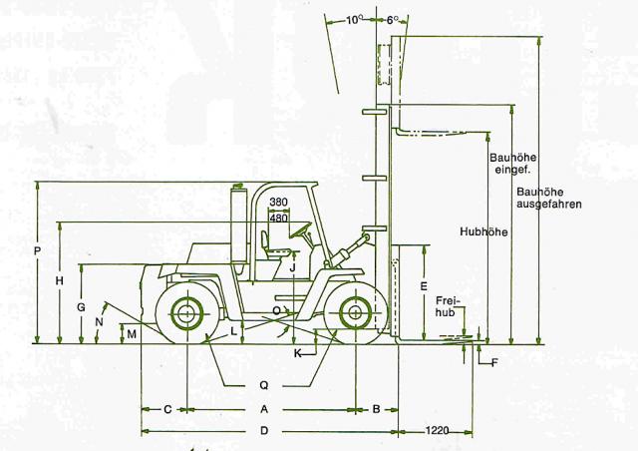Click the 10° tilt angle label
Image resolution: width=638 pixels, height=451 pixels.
coord(354,20)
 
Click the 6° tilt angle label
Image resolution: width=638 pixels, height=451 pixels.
coord(391,20)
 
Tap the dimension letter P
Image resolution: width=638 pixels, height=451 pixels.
coord(37,251)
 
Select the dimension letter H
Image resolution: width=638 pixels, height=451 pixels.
coord(60,280)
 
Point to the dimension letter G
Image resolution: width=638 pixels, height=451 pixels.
coord(82,307)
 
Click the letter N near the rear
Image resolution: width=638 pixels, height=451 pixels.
coord(99,322)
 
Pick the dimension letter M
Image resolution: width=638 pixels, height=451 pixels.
coord(132,334)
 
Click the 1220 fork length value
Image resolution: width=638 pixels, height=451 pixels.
coord(438,430)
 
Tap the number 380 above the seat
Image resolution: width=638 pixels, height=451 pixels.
coord(278,202)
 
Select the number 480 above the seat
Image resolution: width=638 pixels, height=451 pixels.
coord(278,218)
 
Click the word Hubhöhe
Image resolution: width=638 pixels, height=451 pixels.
coord(483,231)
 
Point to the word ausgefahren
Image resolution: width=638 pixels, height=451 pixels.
coord(549,204)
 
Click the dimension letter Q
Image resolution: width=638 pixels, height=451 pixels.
coord(264,385)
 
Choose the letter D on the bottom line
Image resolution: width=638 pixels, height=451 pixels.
coord(264,431)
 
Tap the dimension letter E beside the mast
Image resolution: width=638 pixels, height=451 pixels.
coord(424,286)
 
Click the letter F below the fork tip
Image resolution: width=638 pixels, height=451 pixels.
coord(494,362)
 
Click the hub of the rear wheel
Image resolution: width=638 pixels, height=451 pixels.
coord(186,313)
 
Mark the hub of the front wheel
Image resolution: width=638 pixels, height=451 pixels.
coord(355,313)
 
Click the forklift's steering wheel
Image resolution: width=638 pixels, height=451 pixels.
coord(300,229)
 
